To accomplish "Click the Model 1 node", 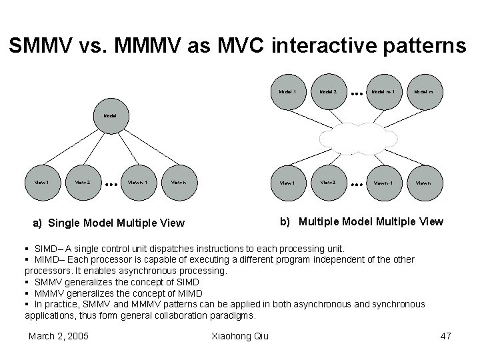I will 288,91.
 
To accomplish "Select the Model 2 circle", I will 327,91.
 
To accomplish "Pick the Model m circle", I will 424,91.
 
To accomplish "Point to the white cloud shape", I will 359,139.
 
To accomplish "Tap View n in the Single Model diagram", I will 179,180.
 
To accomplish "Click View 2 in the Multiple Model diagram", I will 327,180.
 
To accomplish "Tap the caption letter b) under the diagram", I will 285,221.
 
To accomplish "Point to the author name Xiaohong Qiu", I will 239,335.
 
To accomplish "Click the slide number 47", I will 446,335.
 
